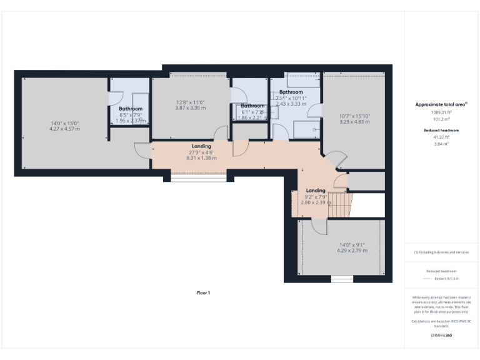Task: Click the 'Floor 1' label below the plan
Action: [x=204, y=292]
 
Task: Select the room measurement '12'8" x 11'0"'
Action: [x=190, y=102]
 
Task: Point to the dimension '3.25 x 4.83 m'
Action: [x=354, y=121]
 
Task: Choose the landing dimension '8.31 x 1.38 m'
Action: [x=201, y=158]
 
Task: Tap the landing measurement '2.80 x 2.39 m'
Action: [x=316, y=202]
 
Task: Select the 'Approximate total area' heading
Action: [x=441, y=104]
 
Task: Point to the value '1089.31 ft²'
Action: [x=441, y=112]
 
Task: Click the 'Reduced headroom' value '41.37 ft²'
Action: [x=441, y=137]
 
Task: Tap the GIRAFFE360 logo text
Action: [x=441, y=336]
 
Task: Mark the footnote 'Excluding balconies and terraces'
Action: [x=441, y=252]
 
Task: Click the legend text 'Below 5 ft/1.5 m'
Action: [x=441, y=278]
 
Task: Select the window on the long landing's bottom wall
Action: [x=199, y=179]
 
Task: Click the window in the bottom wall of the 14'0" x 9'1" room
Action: [x=342, y=279]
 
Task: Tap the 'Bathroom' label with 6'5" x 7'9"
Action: [x=131, y=109]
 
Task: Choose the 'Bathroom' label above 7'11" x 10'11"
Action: [x=291, y=92]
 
